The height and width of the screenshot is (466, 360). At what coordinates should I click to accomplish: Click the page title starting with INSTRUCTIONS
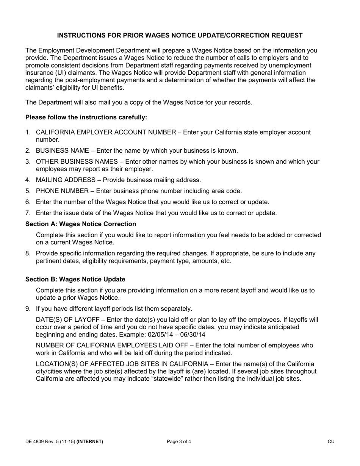tap(180, 36)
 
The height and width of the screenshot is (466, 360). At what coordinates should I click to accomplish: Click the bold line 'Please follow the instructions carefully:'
tap(86, 117)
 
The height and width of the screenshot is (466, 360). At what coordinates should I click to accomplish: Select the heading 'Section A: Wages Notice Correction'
tap(81, 224)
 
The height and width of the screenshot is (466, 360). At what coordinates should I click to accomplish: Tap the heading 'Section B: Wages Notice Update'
tap(75, 279)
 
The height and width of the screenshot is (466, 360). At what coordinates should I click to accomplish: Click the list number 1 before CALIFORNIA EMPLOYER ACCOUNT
tap(28, 132)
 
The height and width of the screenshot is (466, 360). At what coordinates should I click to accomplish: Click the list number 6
tap(28, 202)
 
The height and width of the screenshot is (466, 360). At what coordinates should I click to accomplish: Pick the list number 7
tap(28, 213)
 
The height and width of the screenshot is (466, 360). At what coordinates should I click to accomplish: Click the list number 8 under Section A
tap(28, 253)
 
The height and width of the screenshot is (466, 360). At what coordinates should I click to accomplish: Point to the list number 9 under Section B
tap(28, 308)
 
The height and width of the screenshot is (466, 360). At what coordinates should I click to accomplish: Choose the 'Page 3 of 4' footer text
tap(179, 441)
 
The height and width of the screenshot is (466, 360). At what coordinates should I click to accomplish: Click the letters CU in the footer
tap(331, 441)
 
